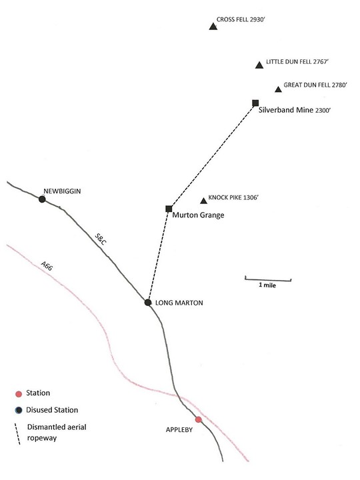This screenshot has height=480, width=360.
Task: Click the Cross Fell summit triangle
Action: click(213, 27)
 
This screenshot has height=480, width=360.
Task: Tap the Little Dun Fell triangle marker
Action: click(259, 65)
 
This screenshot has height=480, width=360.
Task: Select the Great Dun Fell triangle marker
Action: click(278, 89)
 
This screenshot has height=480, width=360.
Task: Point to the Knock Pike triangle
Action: click(203, 201)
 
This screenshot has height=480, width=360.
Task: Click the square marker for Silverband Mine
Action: click(255, 103)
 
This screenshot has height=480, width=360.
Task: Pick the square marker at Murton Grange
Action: click(169, 209)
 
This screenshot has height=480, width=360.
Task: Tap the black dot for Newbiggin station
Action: click(42, 199)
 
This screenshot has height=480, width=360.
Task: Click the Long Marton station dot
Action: click(148, 303)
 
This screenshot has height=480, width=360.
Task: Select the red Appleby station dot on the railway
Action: click(199, 419)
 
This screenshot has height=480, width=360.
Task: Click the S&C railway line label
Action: click(101, 239)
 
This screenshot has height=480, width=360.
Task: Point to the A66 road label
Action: click(47, 266)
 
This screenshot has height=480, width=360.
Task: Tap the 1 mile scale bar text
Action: click(267, 285)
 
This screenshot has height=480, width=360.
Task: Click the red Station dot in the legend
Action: click(19, 394)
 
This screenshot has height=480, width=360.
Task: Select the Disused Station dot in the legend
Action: click(19, 410)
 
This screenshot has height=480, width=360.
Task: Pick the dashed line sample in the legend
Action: click(17, 434)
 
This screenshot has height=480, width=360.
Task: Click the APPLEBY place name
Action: click(179, 430)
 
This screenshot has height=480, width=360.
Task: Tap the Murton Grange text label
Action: click(198, 215)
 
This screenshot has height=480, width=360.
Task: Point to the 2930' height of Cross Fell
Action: click(257, 19)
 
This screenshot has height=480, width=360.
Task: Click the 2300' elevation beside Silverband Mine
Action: click(323, 111)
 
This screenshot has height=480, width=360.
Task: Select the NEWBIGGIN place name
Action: click(62, 191)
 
